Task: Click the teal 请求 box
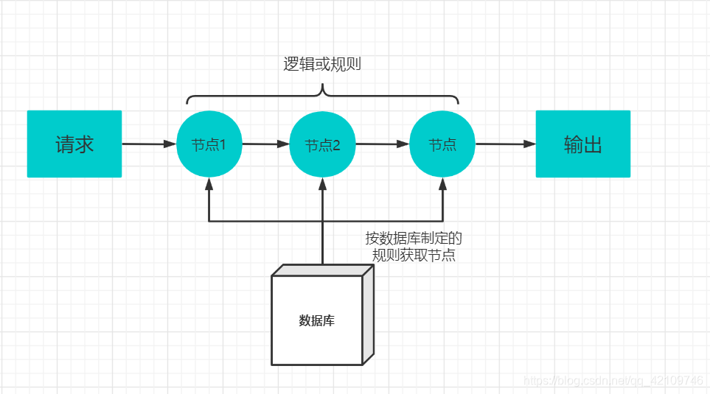74,144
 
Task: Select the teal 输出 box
582,144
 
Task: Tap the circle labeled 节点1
209,144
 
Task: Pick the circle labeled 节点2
322,144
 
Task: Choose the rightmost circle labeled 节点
442,144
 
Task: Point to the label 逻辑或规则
322,65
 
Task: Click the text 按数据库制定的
414,239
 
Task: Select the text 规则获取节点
414,256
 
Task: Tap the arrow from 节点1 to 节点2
265,144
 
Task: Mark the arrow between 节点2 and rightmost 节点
382,144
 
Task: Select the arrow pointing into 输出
505,144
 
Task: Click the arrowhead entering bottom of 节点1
209,183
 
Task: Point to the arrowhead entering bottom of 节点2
322,183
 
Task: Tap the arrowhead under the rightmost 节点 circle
442,183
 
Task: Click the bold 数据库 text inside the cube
316,321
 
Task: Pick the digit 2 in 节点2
336,145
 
